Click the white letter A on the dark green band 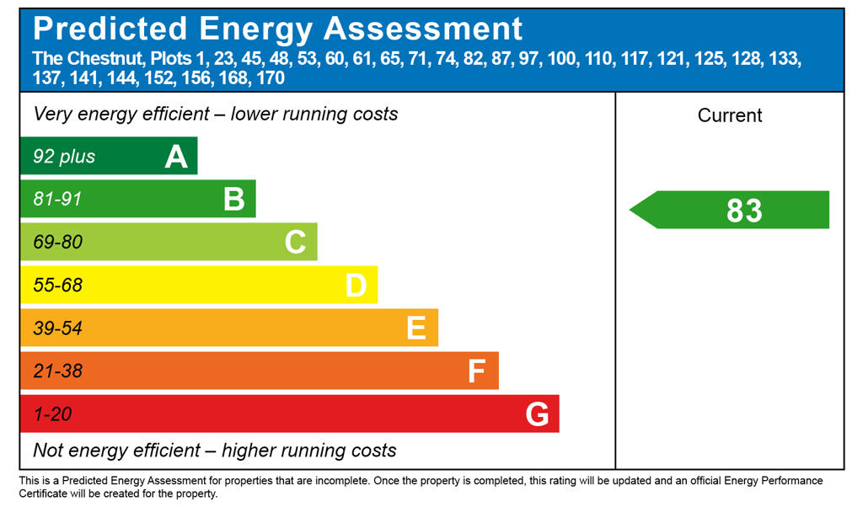[176, 157]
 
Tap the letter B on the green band [233, 200]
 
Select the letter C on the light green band [295, 243]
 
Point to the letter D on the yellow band [356, 286]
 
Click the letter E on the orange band [416, 328]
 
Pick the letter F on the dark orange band [476, 371]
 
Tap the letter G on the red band [537, 414]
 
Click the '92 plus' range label [64, 157]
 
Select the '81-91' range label [57, 200]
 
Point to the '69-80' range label [57, 243]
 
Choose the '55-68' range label [57, 286]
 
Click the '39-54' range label [57, 328]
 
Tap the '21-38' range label [57, 371]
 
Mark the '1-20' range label [52, 414]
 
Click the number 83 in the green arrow [744, 211]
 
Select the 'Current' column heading [730, 115]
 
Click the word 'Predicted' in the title [110, 29]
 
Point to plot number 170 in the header [270, 78]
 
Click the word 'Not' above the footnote [48, 451]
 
